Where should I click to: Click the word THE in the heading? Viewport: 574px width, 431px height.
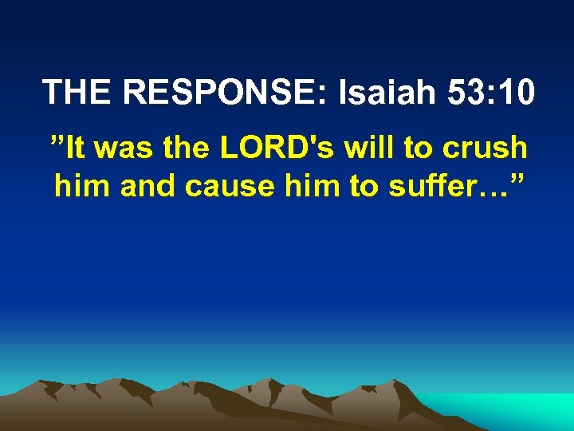[x=78, y=93]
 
